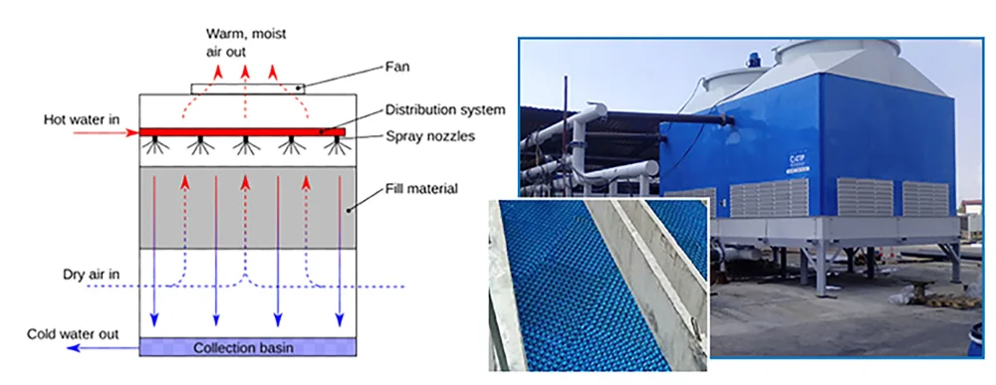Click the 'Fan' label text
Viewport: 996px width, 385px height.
397,67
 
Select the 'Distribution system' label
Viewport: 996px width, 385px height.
445,109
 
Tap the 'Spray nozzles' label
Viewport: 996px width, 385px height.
430,136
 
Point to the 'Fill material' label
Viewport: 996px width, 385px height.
421,188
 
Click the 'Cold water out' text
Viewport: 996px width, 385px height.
73,333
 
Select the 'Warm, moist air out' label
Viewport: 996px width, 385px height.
245,42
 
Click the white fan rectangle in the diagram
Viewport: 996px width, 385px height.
248,89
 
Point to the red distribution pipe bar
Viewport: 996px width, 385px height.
242,132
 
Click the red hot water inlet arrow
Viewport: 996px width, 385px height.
106,132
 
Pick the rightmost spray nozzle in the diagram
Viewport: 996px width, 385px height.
338,145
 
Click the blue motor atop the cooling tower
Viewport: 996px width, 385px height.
754,59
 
